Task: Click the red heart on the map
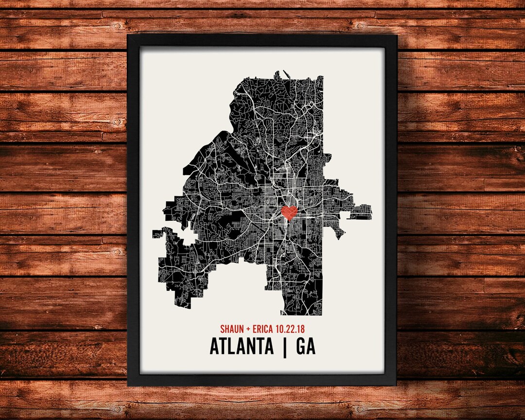coord(289,212)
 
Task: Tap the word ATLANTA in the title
coord(242,347)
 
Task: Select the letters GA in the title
coord(305,347)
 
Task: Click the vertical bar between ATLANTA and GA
coord(284,347)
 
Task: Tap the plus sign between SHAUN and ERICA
coord(248,329)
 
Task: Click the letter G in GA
coord(300,347)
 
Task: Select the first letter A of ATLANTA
coord(215,347)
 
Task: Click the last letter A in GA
coord(311,347)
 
